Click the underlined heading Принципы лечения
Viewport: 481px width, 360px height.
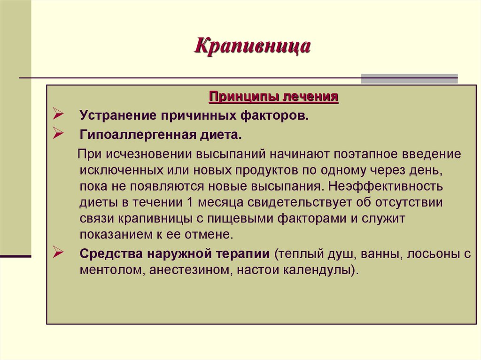click(x=273, y=97)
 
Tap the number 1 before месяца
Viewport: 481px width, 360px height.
click(x=189, y=202)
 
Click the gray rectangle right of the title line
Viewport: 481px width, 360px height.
click(x=409, y=78)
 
